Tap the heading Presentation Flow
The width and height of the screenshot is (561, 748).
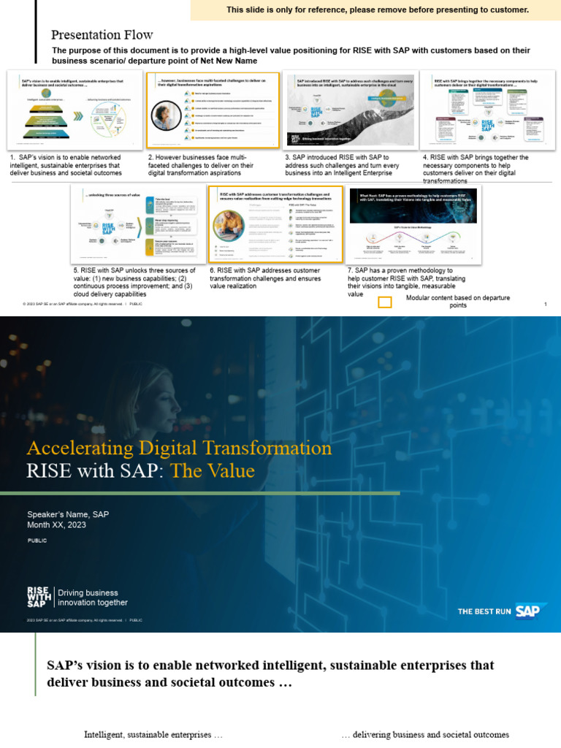click(102, 35)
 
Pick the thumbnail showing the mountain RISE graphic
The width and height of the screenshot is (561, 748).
click(350, 110)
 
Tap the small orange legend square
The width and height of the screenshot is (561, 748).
click(384, 302)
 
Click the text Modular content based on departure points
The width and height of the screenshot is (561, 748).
click(458, 302)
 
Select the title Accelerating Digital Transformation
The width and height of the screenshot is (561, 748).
click(179, 448)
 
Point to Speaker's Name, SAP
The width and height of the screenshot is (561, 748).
click(68, 514)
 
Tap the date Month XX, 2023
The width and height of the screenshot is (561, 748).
click(61, 525)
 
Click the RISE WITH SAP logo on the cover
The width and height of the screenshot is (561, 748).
click(37, 597)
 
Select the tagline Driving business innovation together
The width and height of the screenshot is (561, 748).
click(93, 598)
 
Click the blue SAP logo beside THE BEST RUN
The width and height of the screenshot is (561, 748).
click(531, 611)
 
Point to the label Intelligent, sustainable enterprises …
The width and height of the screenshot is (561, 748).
click(153, 734)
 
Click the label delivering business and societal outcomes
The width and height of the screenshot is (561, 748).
click(425, 734)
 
